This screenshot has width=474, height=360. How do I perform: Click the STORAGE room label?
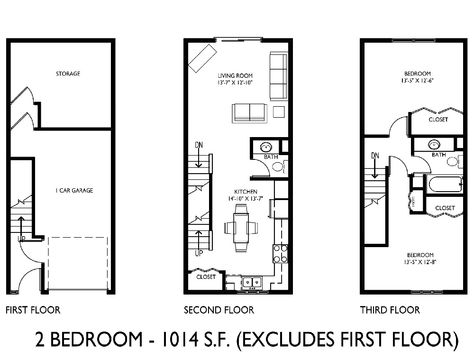click(68, 74)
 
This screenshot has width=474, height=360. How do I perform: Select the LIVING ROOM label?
click(235, 75)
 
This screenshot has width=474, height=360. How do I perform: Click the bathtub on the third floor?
click(444, 185)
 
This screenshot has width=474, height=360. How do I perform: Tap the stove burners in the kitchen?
click(280, 253)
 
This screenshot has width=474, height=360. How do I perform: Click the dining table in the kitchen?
click(241, 228)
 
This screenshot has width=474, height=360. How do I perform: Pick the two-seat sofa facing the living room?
click(249, 113)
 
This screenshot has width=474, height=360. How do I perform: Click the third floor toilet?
click(453, 162)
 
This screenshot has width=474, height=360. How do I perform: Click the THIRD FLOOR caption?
click(390, 310)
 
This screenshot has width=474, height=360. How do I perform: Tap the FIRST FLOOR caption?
click(33, 310)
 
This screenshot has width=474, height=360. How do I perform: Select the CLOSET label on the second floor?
click(205, 277)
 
